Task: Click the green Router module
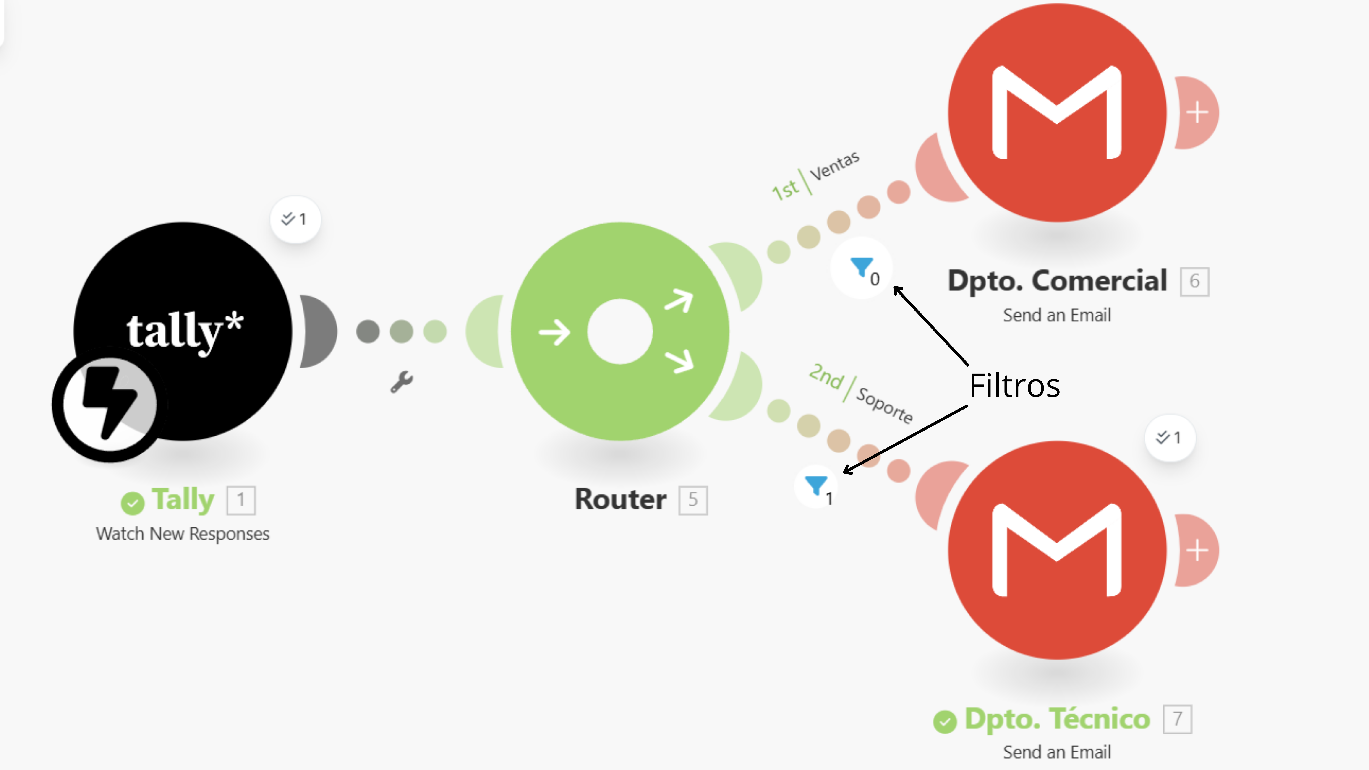pyautogui.click(x=620, y=331)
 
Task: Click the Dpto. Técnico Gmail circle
pyautogui.click(x=1057, y=550)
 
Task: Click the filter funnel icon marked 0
pyautogui.click(x=862, y=268)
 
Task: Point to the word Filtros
pyautogui.click(x=1014, y=385)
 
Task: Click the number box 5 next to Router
pyautogui.click(x=693, y=500)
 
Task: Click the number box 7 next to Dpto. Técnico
pyautogui.click(x=1178, y=719)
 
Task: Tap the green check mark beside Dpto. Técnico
pyautogui.click(x=945, y=722)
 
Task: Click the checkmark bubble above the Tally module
pyautogui.click(x=295, y=219)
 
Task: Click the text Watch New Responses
pyautogui.click(x=183, y=534)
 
